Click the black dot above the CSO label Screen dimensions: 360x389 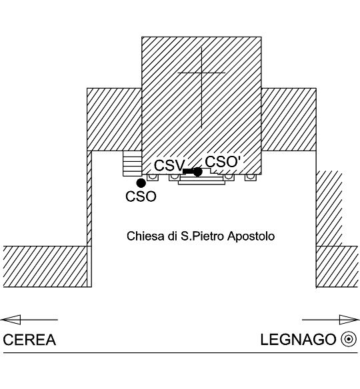[141, 183]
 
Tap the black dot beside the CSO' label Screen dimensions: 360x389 [197, 172]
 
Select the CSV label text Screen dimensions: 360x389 [170, 165]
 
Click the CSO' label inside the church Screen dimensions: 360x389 [223, 162]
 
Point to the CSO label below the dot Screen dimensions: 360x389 [141, 196]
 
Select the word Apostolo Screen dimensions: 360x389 [251, 236]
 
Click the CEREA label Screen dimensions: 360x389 [29, 340]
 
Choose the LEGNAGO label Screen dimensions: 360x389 [298, 340]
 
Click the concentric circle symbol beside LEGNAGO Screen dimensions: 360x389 [349, 339]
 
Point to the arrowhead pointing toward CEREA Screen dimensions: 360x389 [11, 320]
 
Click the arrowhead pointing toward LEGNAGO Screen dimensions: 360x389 [349, 320]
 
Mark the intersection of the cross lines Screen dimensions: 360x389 [201, 73]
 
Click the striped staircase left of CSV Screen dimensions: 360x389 [132, 163]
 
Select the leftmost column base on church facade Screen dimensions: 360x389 [153, 177]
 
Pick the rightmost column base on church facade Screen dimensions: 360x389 [251, 177]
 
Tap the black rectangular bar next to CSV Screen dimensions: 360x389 [188, 171]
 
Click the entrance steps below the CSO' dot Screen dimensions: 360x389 [201, 181]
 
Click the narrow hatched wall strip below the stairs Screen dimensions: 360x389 [89, 198]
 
